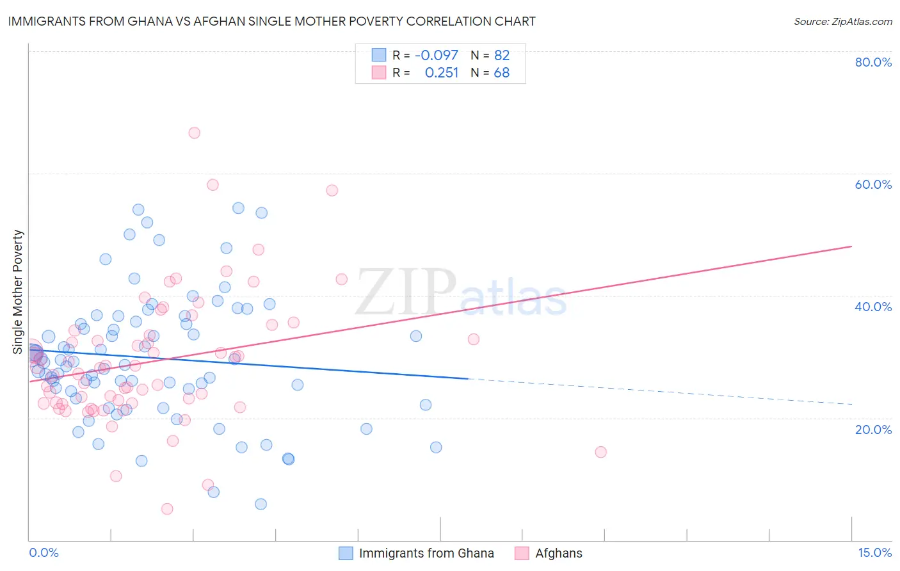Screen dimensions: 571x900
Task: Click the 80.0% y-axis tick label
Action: tap(873, 62)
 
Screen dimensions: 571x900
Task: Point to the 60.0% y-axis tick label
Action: tap(873, 184)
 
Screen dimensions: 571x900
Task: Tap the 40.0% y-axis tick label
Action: tap(873, 307)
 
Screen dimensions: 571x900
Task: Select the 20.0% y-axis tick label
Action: tap(873, 430)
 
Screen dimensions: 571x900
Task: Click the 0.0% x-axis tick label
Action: tap(44, 552)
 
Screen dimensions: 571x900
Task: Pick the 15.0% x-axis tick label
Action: tap(874, 552)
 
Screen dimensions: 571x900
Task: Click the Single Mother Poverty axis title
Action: tap(18, 292)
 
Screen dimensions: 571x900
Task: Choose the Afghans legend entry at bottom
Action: tap(559, 553)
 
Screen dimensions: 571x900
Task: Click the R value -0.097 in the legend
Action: tap(437, 56)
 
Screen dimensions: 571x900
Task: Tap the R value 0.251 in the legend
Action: tap(442, 73)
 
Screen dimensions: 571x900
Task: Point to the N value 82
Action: tap(502, 56)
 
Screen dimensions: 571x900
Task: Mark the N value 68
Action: tap(502, 73)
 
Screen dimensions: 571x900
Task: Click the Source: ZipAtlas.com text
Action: tap(842, 22)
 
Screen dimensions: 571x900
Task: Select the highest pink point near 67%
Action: tap(195, 133)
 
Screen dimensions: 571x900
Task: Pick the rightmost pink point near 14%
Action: tap(600, 452)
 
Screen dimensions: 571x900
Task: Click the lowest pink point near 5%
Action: tap(167, 509)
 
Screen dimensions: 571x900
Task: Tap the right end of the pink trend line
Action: tap(851, 246)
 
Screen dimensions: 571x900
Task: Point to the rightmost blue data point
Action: tap(436, 447)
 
